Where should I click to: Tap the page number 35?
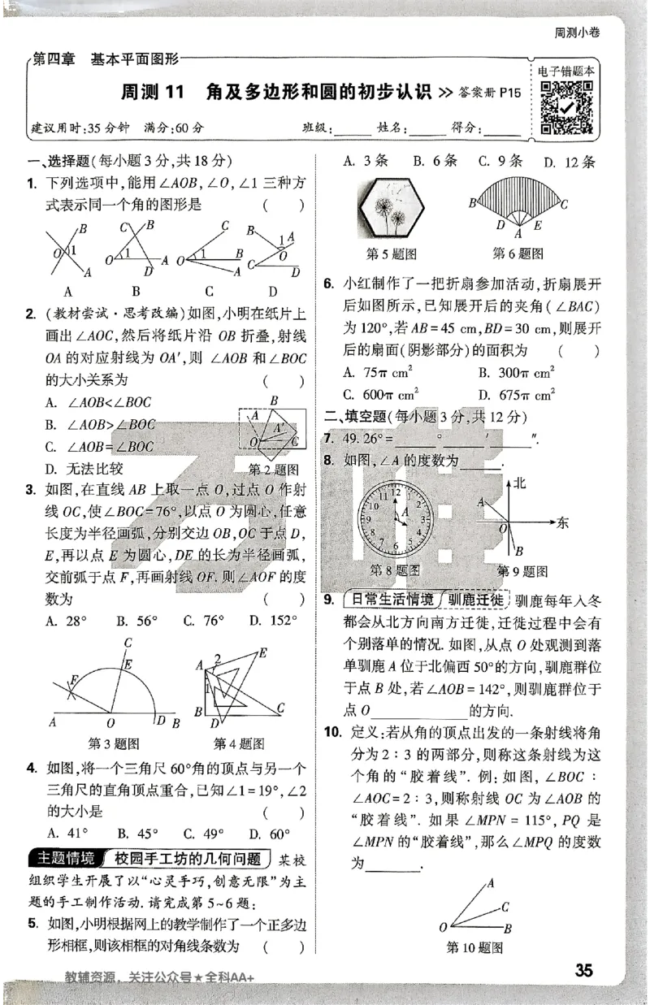click(584, 970)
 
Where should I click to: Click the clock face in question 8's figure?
click(396, 518)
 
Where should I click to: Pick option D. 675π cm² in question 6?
click(517, 395)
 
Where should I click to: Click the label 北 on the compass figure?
click(521, 483)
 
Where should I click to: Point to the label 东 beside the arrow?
click(564, 523)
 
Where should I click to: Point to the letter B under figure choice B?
click(136, 291)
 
